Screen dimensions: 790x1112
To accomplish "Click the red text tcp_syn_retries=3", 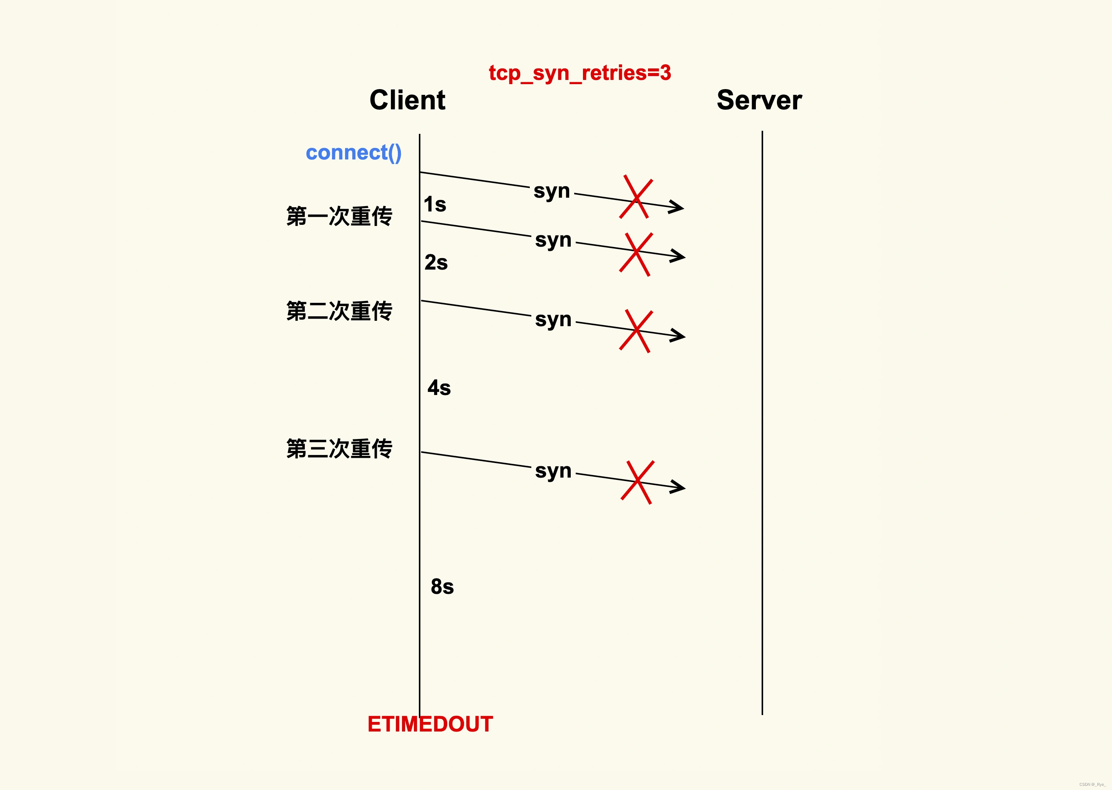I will pos(580,73).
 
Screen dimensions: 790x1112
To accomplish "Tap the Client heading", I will pos(407,100).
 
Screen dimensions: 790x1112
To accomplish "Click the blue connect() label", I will pos(353,153).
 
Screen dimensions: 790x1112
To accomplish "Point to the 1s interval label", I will pos(435,204).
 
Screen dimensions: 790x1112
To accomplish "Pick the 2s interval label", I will pos(436,263).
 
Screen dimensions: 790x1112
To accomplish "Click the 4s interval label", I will pos(439,388).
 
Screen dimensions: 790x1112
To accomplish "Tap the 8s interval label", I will pos(442,587).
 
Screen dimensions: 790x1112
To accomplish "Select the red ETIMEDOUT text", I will pos(430,724).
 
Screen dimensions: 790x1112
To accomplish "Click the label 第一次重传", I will pos(339,216).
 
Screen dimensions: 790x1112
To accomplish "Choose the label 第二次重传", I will pos(339,311).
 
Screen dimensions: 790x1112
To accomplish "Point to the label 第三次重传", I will pos(339,449).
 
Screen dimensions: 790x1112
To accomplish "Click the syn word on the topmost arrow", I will pos(551,191).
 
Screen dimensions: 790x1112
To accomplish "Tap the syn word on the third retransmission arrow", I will pos(553,471).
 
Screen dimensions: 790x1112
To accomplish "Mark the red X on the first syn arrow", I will pos(636,197).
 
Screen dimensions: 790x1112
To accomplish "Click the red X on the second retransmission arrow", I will pos(636,331).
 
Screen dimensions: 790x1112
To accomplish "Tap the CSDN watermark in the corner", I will pos(1092,784).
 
